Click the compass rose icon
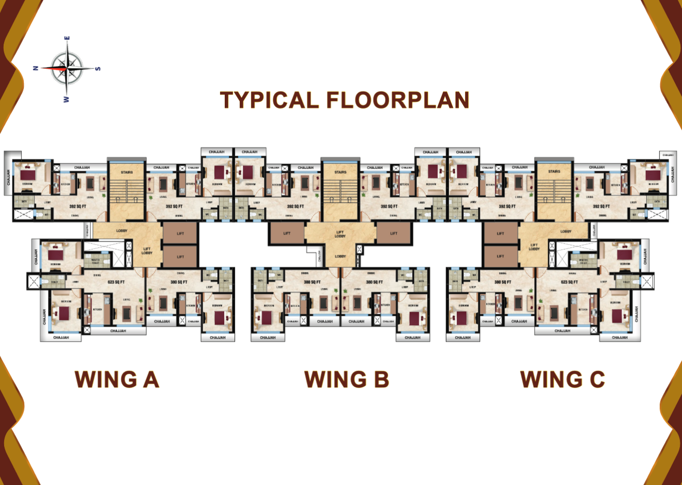click(x=67, y=68)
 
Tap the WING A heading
click(x=117, y=380)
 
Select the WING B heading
click(x=346, y=380)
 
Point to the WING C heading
click(x=562, y=380)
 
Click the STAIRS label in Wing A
click(x=127, y=172)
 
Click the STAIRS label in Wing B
click(x=340, y=172)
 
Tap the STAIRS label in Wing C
click(x=554, y=172)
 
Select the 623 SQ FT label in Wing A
click(x=116, y=282)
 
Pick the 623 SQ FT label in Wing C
click(x=569, y=282)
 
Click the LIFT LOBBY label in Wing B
click(x=339, y=234)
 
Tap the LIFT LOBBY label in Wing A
click(x=147, y=251)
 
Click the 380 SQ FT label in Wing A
click(x=179, y=282)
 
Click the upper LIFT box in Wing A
click(x=180, y=233)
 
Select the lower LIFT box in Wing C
click(x=500, y=256)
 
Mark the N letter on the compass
click(x=35, y=68)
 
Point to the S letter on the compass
click(x=98, y=68)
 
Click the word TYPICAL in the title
click(x=269, y=100)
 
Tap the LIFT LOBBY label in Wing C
click(x=534, y=247)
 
